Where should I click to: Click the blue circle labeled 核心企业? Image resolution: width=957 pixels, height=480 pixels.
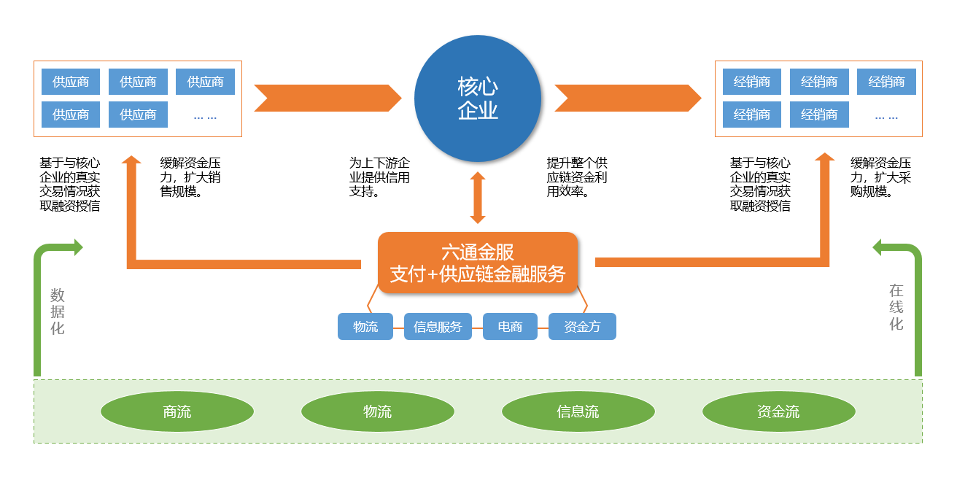pos(477,98)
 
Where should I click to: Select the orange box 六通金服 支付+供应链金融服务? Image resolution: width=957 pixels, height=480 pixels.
pos(477,263)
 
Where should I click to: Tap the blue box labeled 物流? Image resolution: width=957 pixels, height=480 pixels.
pos(365,327)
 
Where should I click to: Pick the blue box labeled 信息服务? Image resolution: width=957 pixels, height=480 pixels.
pos(438,327)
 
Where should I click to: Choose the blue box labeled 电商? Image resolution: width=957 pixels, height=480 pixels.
pos(510,327)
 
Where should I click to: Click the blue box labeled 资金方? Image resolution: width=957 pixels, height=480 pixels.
pos(582,327)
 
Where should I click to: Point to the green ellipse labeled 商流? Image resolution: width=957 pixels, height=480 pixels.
pos(177,412)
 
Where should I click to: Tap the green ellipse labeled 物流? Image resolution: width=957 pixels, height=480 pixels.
pos(377,412)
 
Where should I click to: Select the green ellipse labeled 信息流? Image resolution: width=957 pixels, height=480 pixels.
pos(578,412)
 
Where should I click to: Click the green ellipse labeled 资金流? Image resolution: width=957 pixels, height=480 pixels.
pos(778,412)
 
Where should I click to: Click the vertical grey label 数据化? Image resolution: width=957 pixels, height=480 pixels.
pos(58,311)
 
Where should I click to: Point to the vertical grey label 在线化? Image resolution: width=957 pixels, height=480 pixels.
pos(896,307)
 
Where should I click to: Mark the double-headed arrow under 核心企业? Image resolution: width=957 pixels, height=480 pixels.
pos(478,198)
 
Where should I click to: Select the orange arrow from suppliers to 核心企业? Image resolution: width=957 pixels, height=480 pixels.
pos(328,98)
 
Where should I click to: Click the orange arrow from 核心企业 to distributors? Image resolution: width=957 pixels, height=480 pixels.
pos(627,98)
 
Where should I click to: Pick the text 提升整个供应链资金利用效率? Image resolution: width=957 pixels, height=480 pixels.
pos(577,177)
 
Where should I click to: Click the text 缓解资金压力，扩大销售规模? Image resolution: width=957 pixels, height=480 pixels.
pos(190,177)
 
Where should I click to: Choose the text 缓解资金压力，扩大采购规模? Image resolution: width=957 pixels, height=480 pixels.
pos(880,177)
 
